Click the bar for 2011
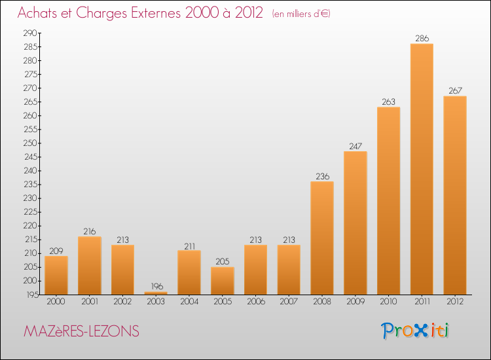(422, 169)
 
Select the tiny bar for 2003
(156, 293)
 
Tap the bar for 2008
(322, 238)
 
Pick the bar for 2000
(56, 275)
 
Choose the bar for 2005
(223, 281)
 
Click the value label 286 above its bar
(422, 38)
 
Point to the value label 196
(157, 286)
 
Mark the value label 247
(355, 146)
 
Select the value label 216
(90, 231)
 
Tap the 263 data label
(389, 101)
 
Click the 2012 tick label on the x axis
(455, 302)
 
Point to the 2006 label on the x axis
(256, 302)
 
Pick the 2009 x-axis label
(355, 302)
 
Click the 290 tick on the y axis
(30, 33)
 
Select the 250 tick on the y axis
(30, 143)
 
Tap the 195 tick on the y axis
(32, 295)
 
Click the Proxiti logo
(415, 331)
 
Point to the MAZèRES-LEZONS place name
(81, 331)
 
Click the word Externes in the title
(156, 12)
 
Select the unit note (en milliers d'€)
(301, 14)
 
